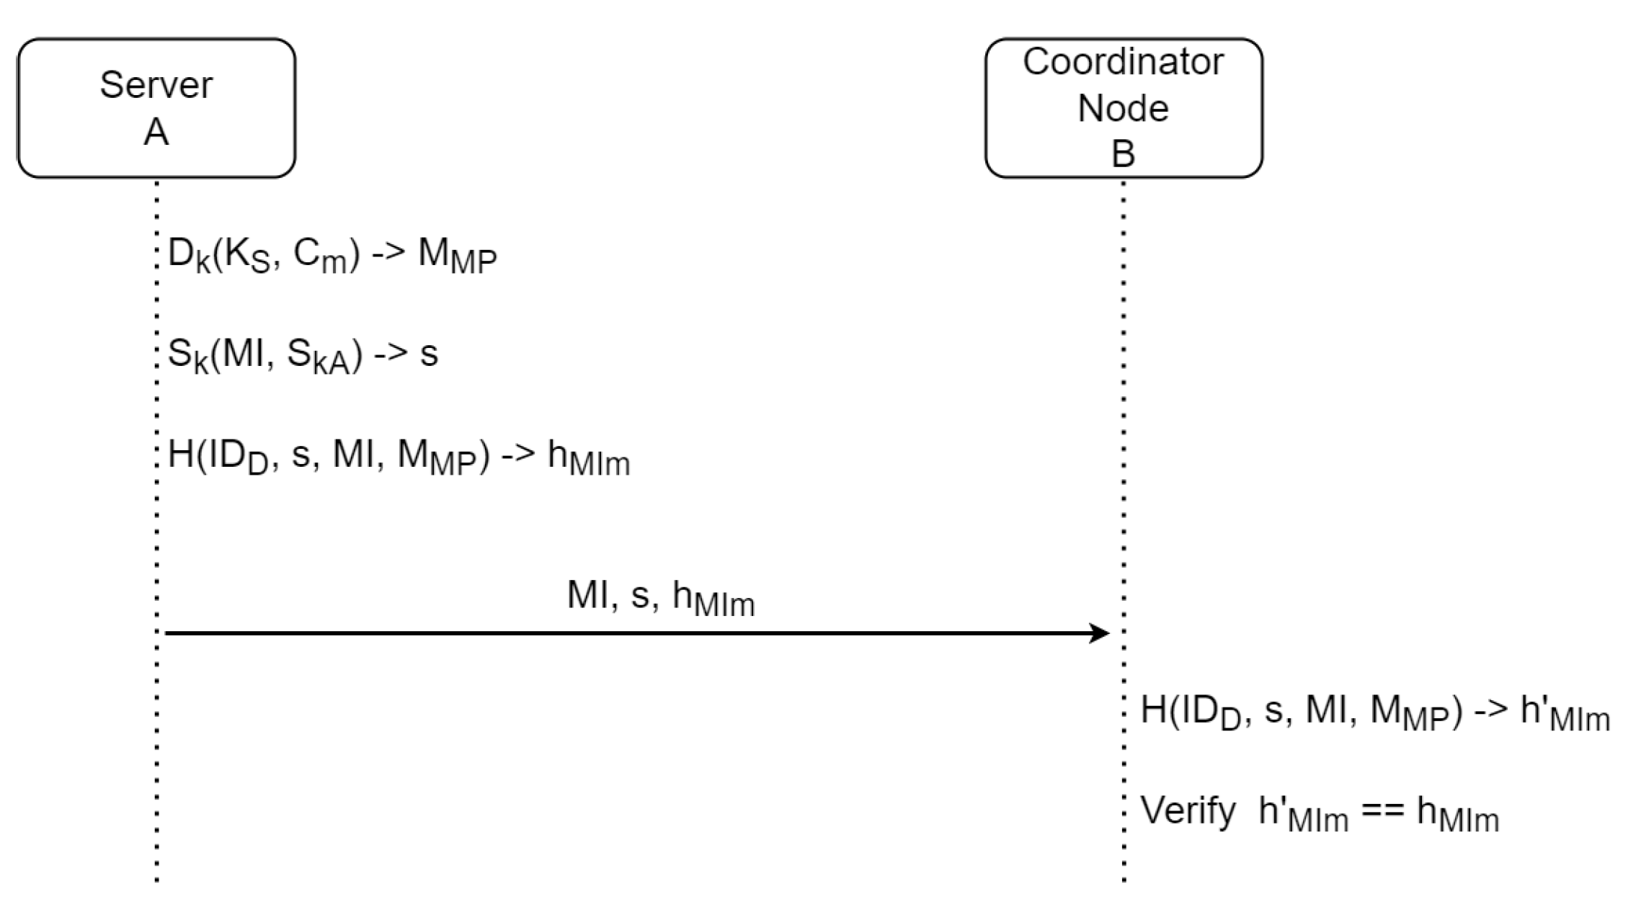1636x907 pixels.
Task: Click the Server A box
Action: point(156,108)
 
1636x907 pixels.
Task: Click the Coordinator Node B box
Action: point(1123,108)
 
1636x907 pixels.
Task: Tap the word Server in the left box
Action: point(156,85)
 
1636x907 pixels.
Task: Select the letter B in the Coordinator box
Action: point(1123,153)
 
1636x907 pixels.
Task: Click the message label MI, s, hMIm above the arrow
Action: point(660,598)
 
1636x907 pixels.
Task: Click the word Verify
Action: point(1188,811)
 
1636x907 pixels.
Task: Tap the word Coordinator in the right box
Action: point(1123,62)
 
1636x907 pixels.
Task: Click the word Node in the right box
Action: point(1123,108)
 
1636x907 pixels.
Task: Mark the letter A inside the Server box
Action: point(156,132)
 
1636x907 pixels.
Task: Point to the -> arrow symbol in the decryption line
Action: point(388,254)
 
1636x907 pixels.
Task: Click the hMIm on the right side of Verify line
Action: point(1457,815)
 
